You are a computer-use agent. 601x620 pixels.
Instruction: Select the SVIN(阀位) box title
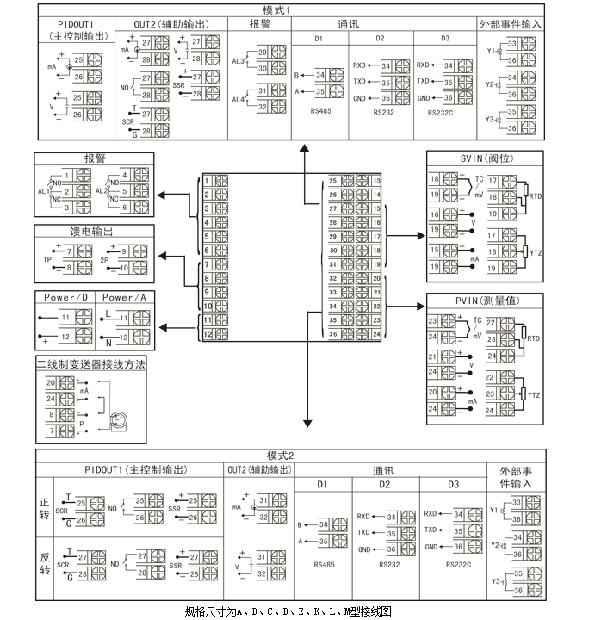pyautogui.click(x=485, y=158)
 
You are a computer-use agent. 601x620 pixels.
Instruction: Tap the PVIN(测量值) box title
pyautogui.click(x=485, y=301)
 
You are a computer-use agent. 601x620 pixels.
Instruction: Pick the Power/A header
pyautogui.click(x=125, y=297)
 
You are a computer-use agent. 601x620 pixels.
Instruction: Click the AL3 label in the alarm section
pyautogui.click(x=239, y=61)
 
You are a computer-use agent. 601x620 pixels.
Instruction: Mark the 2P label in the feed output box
pyautogui.click(x=104, y=259)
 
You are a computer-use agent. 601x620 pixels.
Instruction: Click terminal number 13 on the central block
pyautogui.click(x=376, y=181)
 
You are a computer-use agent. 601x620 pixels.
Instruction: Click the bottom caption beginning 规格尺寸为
pyautogui.click(x=288, y=611)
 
